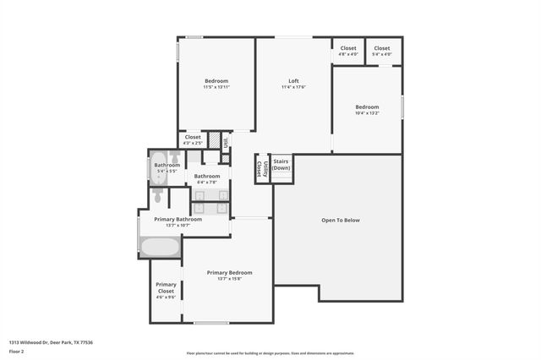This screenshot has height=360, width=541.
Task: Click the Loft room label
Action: coord(293,81)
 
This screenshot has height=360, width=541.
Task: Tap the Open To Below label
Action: coord(340,220)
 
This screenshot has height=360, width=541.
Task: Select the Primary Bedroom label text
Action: coord(229,272)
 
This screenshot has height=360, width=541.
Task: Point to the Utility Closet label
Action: coord(263,167)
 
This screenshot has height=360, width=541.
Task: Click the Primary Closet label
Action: coord(166,288)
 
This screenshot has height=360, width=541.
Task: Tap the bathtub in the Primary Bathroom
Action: coord(160,248)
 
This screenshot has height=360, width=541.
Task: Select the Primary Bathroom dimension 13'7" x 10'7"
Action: coord(178,226)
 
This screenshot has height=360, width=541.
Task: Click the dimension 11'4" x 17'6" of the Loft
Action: coord(293,87)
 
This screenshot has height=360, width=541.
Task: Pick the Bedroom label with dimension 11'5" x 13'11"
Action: coord(216,81)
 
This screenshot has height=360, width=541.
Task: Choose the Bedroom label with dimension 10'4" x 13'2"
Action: coord(367,106)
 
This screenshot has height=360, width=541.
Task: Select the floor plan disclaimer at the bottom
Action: coord(270,353)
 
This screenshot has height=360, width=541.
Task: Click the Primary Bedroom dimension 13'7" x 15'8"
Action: coord(229,278)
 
